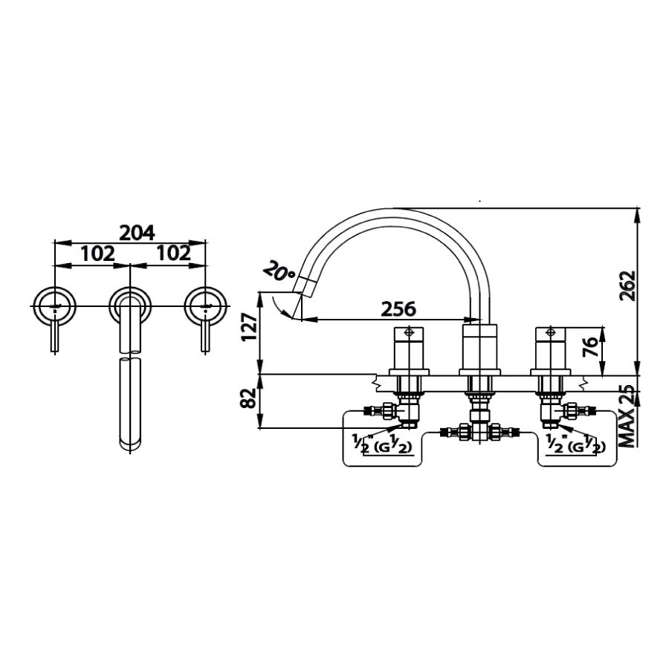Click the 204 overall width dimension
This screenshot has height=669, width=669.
(x=137, y=233)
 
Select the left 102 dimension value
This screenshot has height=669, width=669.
(x=97, y=253)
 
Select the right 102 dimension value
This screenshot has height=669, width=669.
(x=173, y=253)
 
